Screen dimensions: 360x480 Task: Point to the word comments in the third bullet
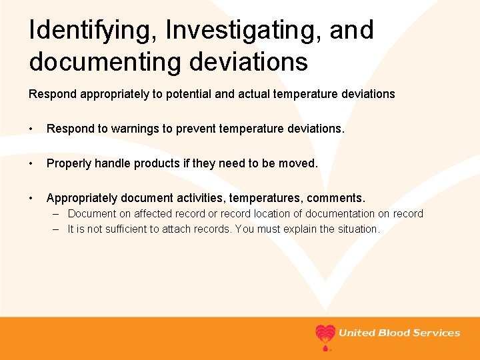coord(335,198)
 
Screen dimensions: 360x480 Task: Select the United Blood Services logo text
coord(399,333)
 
